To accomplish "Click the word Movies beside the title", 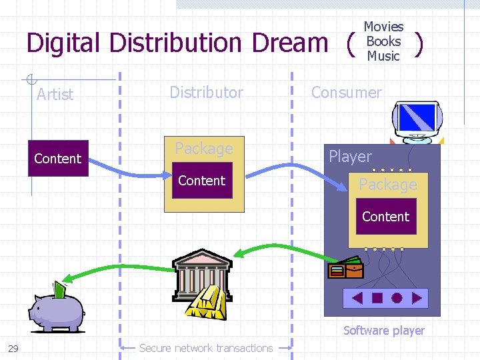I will (x=383, y=27).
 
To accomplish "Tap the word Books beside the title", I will (x=383, y=41).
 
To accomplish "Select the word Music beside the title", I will (x=383, y=56).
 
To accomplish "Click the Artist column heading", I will (x=55, y=95).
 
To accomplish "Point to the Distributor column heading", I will (x=206, y=92).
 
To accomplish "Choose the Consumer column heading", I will (x=347, y=92).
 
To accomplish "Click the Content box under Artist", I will (x=58, y=159).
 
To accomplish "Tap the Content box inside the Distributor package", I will (x=202, y=181).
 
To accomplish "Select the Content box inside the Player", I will (x=385, y=217).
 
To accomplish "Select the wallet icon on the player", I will (x=346, y=268).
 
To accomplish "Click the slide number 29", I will (x=13, y=348).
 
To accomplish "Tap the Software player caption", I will (x=383, y=330).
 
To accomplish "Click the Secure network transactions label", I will (x=206, y=348).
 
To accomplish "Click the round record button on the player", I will (x=397, y=298).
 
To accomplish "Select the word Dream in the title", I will (x=290, y=43).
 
